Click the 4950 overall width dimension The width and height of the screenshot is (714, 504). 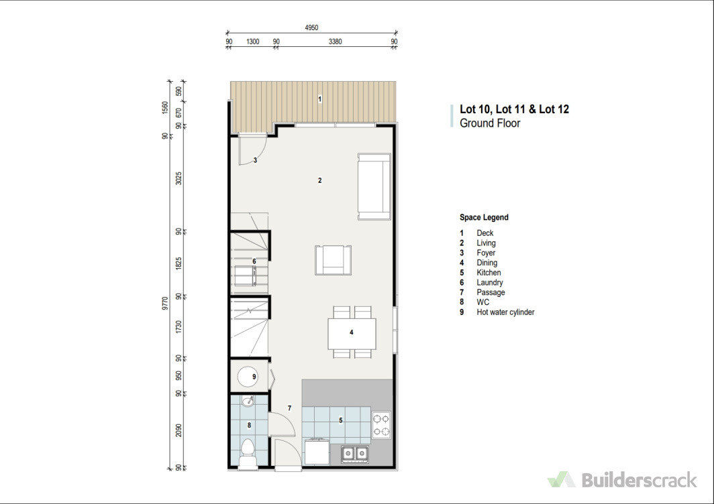[x=311, y=27]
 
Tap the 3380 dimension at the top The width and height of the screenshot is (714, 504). [x=335, y=42]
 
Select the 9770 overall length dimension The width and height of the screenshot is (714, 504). [x=165, y=304]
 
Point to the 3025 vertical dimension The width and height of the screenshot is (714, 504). [x=178, y=178]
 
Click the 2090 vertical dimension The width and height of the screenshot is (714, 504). [x=178, y=430]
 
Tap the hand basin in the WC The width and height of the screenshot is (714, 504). [x=248, y=401]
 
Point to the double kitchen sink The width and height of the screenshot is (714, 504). [x=355, y=453]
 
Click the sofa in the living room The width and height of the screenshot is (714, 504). [x=374, y=186]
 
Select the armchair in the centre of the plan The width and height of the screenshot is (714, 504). [x=334, y=260]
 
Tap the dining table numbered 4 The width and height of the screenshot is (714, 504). [x=352, y=333]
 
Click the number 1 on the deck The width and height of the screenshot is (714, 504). [x=319, y=99]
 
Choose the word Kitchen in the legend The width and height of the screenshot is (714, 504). [x=489, y=273]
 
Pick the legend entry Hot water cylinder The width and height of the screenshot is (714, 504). [x=505, y=312]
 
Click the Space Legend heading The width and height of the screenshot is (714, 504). [x=484, y=217]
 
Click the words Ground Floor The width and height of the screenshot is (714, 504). [x=490, y=123]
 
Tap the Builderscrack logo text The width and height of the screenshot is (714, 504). [x=640, y=480]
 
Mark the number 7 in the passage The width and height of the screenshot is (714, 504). [x=290, y=408]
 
